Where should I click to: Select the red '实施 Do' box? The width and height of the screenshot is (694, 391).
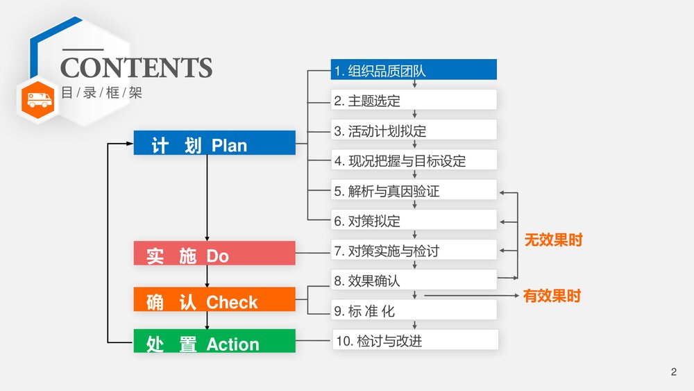coord(214,253)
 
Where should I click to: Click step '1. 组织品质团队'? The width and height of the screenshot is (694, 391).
coord(414,70)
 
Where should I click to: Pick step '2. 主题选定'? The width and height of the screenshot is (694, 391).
coord(414,100)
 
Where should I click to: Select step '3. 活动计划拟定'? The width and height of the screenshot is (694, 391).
coord(414,130)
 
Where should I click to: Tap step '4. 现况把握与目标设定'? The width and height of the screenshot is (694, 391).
coord(414,160)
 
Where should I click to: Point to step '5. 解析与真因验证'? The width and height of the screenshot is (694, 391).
coord(414,190)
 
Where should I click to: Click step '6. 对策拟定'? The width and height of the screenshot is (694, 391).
coord(414,220)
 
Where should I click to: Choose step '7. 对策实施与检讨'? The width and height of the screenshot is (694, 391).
coord(414,250)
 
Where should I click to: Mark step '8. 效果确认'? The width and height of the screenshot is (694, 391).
coord(414,280)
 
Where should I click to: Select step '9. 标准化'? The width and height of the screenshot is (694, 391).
coord(414,310)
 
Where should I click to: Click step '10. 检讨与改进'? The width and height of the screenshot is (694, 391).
coord(415,340)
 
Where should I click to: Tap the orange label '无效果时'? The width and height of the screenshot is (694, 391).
coord(553,240)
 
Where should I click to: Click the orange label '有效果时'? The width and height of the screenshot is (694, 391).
coord(552,296)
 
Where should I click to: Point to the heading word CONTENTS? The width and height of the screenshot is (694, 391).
coord(136,68)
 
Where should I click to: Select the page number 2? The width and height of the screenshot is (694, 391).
coord(673,372)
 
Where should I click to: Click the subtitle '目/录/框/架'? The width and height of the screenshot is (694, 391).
coord(101,92)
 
